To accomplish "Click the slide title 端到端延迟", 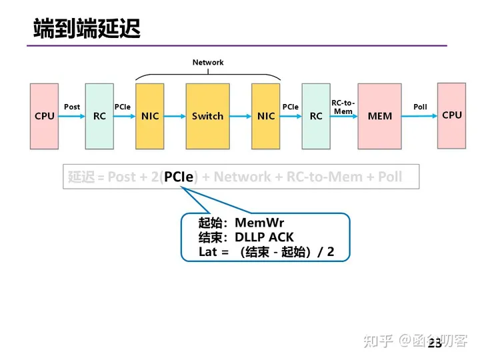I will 87,29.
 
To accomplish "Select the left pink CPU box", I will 45,116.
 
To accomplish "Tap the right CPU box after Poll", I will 451,115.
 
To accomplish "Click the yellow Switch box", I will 207,116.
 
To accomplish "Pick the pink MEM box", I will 380,116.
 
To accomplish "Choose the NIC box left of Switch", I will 150,116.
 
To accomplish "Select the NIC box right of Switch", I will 266,116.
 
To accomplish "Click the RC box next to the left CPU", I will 99,116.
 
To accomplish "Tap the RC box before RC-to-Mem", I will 316,116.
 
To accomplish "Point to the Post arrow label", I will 72,107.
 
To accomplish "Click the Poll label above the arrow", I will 420,107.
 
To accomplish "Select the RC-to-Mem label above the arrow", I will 343,107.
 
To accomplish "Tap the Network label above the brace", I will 208,63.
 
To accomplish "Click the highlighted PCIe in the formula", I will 179,177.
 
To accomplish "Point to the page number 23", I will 434,343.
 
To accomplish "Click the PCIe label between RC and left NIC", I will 123,107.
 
